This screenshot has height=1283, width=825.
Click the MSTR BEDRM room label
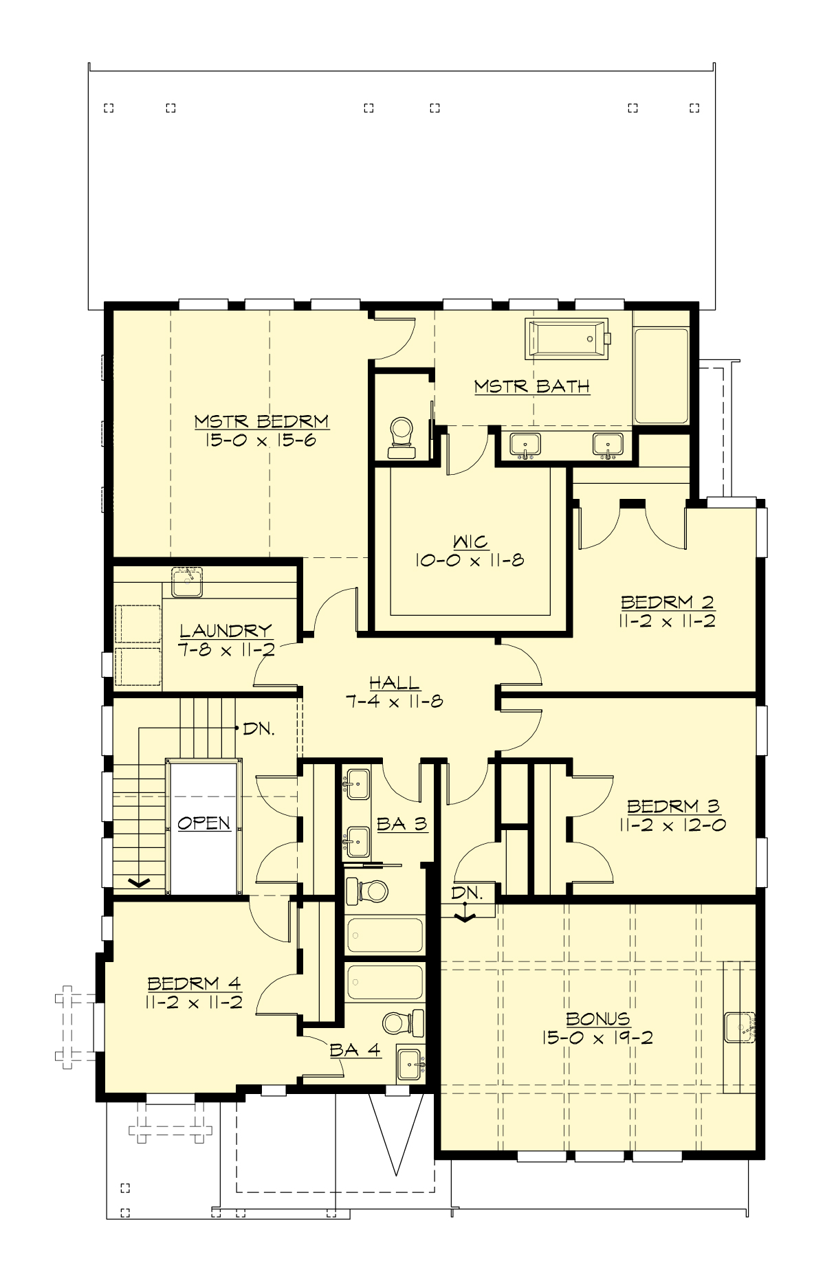point(261,421)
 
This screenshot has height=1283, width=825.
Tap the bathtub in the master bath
point(566,338)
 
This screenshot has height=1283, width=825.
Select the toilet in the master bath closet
point(401,437)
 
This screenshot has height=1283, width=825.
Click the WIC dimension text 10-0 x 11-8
point(470,560)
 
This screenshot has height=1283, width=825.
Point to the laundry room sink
point(186,583)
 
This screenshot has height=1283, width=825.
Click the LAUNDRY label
point(226,630)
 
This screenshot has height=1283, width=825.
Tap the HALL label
point(394,682)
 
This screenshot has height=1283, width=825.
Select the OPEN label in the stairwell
point(203,823)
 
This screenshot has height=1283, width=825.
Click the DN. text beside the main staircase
point(259,728)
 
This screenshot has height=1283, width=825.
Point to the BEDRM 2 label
point(668,602)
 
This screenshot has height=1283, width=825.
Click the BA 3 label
point(402,823)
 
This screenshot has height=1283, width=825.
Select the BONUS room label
point(597,1018)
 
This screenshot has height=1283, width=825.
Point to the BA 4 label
point(355,1049)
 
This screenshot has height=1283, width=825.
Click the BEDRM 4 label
point(194,983)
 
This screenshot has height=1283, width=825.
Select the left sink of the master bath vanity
point(525,445)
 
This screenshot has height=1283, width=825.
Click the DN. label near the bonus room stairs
point(467,893)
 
